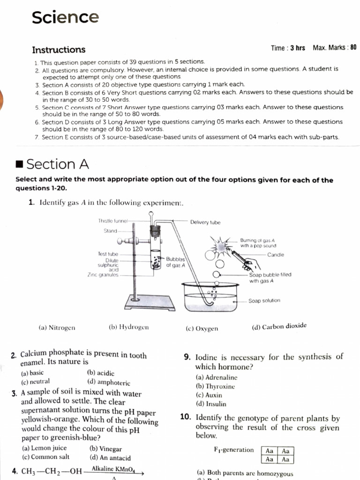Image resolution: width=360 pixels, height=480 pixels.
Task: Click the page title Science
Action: click(65, 17)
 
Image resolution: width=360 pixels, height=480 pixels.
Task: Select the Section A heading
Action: click(58, 164)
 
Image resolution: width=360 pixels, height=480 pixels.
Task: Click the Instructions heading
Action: click(59, 50)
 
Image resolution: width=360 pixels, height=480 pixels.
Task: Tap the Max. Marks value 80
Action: click(353, 48)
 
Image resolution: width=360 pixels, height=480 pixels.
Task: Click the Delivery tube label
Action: click(205, 222)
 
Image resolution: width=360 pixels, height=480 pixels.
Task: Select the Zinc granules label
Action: click(103, 275)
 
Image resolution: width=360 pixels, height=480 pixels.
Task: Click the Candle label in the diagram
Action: click(276, 255)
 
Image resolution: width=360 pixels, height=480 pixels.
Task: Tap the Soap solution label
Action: click(264, 300)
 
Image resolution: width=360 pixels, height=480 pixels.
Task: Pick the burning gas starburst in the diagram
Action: click(221, 244)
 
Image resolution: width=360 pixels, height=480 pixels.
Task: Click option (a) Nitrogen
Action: click(57, 328)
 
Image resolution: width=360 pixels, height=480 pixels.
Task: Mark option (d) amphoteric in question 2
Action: click(109, 382)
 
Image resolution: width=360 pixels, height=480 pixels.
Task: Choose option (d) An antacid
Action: click(110, 457)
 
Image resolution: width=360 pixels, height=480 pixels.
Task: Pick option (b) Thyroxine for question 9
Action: click(215, 386)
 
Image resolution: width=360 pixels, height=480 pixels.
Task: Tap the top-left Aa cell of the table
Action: click(270, 450)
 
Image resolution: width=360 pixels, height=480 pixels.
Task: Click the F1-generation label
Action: click(233, 450)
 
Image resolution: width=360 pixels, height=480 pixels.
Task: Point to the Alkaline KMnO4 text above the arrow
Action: click(110, 469)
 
